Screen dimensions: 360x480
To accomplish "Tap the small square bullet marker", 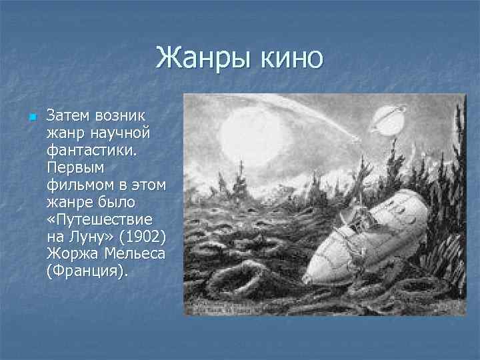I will coord(31,118).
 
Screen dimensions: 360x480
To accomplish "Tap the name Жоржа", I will coord(69,254).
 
